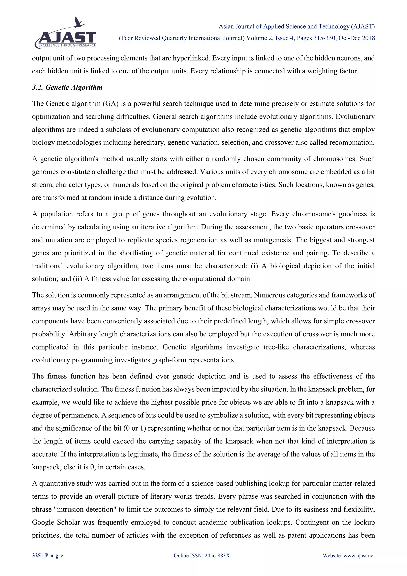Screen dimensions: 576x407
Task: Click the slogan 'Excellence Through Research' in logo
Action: (x=67, y=45)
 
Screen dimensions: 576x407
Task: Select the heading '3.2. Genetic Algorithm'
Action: (x=67, y=88)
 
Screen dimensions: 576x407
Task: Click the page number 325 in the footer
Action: (x=36, y=562)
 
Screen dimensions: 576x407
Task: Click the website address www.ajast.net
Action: (x=359, y=562)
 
